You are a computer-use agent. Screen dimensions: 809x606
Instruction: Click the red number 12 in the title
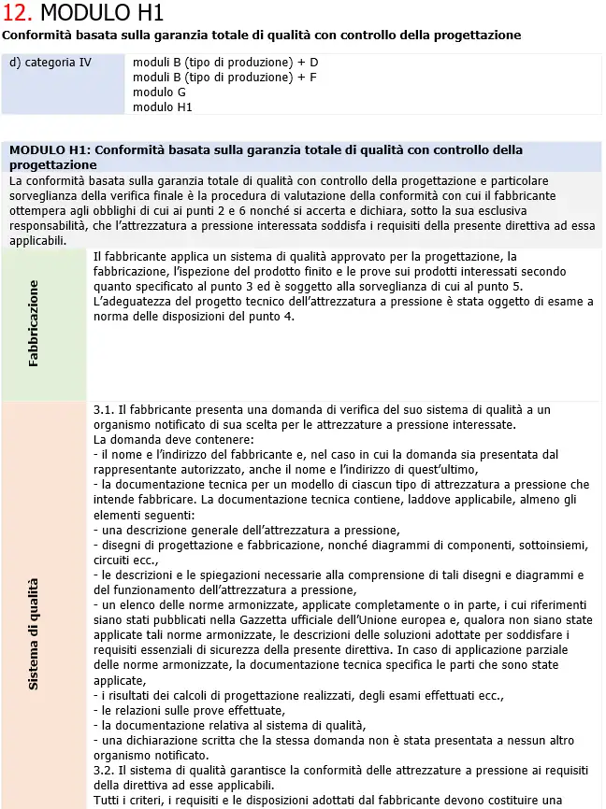click(18, 13)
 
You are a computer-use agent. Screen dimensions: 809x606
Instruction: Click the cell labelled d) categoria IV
click(50, 63)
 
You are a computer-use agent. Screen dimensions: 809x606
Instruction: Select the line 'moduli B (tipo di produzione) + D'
click(225, 63)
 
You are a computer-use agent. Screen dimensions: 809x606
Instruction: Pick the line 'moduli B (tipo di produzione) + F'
click(224, 78)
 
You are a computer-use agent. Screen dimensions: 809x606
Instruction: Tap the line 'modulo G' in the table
click(159, 92)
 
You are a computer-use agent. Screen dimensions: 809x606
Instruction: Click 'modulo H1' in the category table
click(163, 107)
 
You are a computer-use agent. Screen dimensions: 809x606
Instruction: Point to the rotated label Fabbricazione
click(34, 323)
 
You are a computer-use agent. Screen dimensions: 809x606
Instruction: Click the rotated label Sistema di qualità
click(34, 633)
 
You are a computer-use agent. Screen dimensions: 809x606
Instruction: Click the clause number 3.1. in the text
click(105, 410)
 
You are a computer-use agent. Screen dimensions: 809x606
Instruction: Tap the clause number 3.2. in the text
click(105, 771)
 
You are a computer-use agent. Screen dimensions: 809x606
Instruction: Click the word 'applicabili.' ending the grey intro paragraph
click(37, 240)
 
